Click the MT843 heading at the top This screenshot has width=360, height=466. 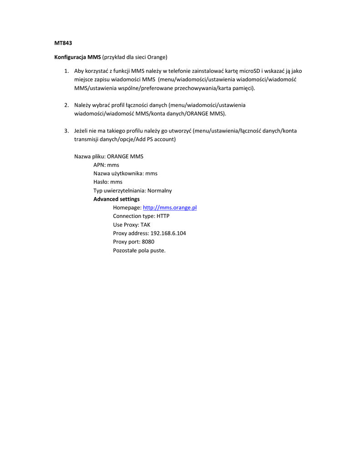63,43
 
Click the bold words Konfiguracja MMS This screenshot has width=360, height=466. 77,57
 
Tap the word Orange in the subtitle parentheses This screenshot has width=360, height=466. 157,57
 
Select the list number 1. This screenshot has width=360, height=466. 66,71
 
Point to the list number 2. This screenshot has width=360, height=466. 66,105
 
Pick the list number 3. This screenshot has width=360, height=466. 66,131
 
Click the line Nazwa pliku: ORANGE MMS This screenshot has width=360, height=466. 109,157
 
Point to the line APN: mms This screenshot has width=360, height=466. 106,165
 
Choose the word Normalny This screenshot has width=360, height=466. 160,191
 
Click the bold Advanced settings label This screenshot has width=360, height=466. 117,199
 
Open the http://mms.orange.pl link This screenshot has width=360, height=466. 170,208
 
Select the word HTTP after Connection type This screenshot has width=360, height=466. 163,216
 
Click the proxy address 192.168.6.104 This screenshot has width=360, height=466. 168,233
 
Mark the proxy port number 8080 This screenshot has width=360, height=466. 148,242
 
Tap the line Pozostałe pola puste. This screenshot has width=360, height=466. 139,251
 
